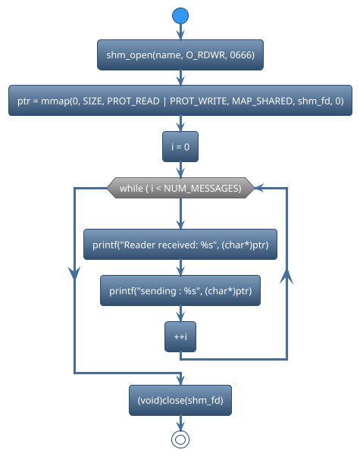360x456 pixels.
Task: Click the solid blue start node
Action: pos(180,16)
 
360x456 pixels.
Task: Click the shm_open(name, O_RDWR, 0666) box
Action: pos(180,55)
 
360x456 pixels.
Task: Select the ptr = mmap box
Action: pos(180,101)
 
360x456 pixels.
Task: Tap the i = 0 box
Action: pos(180,147)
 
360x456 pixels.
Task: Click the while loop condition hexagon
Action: pos(180,188)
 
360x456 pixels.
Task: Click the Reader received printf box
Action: pos(180,245)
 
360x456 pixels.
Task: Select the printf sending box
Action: pos(180,291)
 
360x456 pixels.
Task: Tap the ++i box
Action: pos(180,337)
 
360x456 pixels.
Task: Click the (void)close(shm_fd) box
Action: pos(180,400)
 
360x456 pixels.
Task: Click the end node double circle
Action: pos(180,439)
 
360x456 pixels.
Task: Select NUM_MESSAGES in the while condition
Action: pos(205,188)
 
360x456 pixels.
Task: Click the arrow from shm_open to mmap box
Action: pos(180,77)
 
